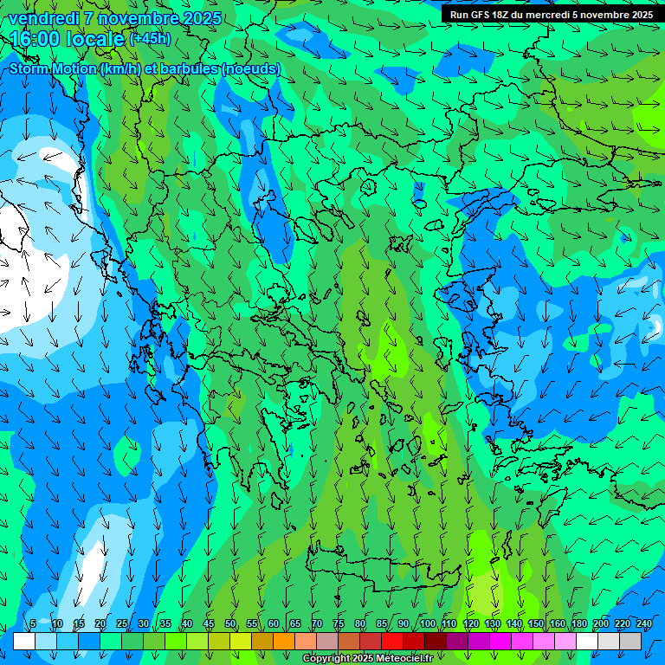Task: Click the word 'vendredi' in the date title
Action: pos(43,18)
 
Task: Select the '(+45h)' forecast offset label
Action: pos(150,39)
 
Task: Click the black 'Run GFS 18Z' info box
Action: pos(552,15)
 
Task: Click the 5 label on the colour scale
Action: pos(33,624)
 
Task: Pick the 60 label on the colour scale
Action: pos(274,624)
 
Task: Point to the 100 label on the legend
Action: pos(427,624)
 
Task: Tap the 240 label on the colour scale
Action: pos(644,624)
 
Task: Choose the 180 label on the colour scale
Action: pos(578,624)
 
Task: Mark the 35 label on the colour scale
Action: pos(165,624)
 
